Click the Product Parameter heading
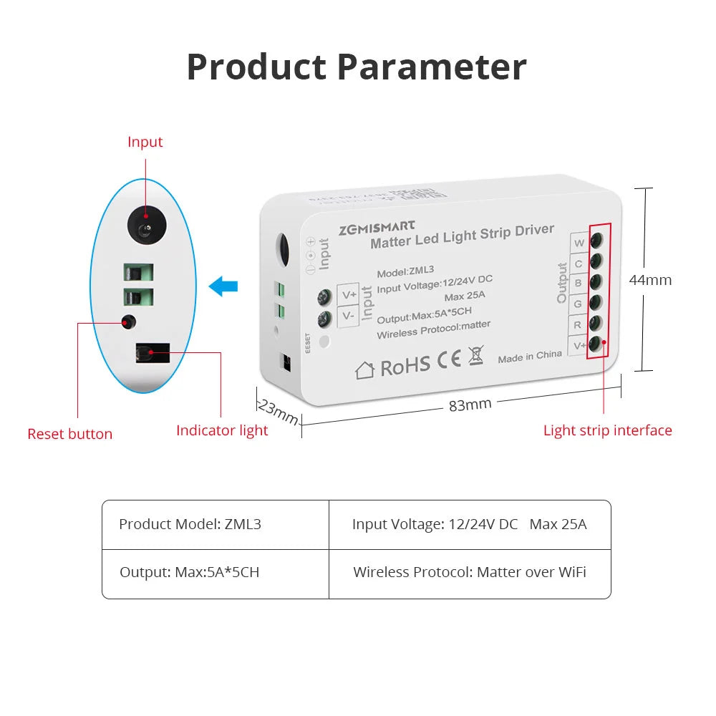pos(357,67)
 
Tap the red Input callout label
pos(145,142)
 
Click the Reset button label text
pos(69,434)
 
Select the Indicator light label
pos(222,430)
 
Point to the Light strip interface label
pos(607,430)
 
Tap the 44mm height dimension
pos(650,280)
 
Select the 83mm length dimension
pos(470,405)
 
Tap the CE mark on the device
pos(450,359)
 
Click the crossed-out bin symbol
pos(475,354)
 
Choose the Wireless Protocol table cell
pos(470,573)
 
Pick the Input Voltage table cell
pos(470,524)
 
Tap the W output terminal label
pos(579,243)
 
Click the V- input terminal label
pos(348,316)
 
